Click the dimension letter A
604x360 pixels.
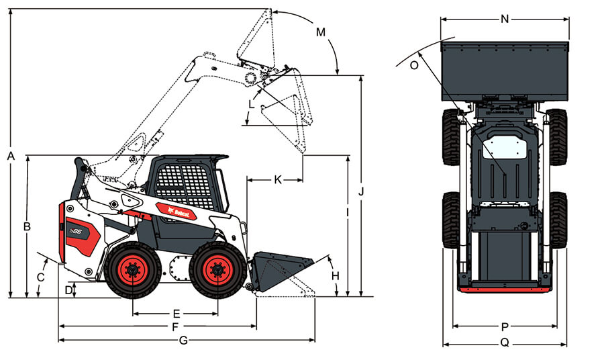click(11, 156)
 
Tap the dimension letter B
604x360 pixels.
click(27, 226)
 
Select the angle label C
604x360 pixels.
click(40, 277)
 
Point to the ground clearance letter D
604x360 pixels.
click(68, 290)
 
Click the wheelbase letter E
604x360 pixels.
click(177, 314)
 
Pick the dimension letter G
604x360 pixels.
click(184, 341)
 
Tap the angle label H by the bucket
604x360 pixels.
click(336, 276)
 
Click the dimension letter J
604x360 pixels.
click(361, 191)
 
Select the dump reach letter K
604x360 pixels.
click(278, 179)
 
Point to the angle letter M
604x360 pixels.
click(321, 32)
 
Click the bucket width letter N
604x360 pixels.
click(505, 19)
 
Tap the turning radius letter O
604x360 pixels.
click(414, 66)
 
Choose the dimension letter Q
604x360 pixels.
click(505, 343)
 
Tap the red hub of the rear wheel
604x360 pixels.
click(132, 270)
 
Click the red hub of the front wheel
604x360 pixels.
click(217, 270)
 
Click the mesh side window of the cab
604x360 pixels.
click(186, 186)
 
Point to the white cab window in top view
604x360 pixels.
click(505, 147)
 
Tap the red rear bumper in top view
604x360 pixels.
click(505, 289)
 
